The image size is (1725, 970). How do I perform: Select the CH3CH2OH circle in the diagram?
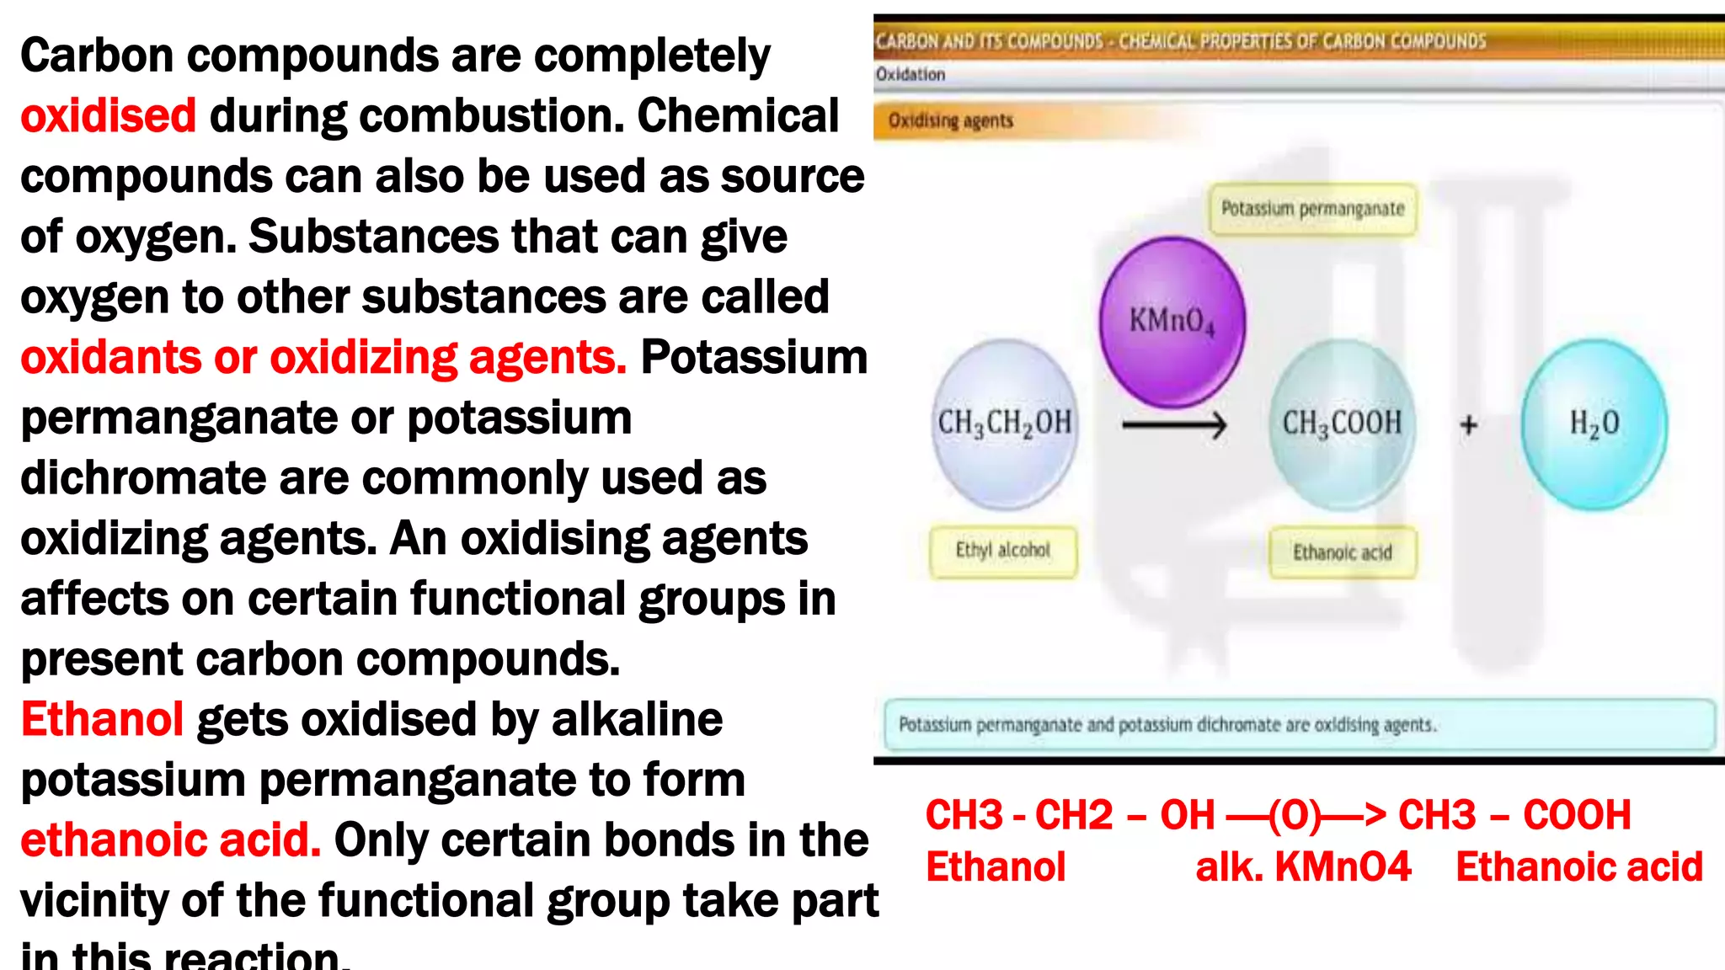[x=1005, y=424]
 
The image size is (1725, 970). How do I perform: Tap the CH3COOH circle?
[x=1342, y=424]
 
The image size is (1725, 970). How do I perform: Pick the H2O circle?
[x=1594, y=424]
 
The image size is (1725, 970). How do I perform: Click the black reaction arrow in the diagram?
[x=1174, y=425]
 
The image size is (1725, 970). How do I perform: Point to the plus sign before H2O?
[x=1469, y=424]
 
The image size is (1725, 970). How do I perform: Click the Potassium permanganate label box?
[x=1312, y=209]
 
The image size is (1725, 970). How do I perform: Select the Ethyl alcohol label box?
[x=1002, y=551]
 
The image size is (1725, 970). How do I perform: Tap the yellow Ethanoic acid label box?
[x=1343, y=552]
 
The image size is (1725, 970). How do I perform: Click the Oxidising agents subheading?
[x=951, y=120]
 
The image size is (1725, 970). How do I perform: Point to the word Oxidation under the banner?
[x=911, y=74]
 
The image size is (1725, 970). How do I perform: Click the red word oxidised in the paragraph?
[x=108, y=115]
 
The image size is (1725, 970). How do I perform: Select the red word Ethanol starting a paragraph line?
[x=102, y=719]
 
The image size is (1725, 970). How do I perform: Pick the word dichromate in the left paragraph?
[x=142, y=477]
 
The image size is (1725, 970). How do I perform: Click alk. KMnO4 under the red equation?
[x=1303, y=866]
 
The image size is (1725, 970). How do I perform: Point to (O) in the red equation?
[x=1295, y=814]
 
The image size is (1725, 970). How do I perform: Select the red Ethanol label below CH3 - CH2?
[x=996, y=866]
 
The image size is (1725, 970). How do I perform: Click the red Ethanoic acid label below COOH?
[x=1579, y=866]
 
